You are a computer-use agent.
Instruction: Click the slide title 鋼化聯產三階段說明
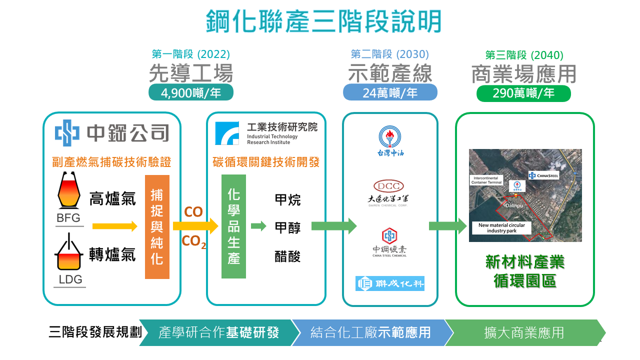(324, 21)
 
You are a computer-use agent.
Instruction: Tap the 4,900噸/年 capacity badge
(191, 92)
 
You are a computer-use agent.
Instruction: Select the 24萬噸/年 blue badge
(390, 92)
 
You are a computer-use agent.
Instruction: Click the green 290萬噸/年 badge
(523, 93)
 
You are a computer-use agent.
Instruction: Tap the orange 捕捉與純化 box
(157, 226)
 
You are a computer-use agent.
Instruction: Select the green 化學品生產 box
(233, 226)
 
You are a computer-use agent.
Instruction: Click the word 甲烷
(287, 199)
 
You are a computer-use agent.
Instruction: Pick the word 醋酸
(287, 256)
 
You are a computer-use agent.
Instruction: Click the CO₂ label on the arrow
(193, 242)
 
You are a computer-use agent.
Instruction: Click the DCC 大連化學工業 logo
(389, 193)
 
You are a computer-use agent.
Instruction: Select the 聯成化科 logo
(390, 283)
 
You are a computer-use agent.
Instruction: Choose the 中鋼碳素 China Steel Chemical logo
(389, 242)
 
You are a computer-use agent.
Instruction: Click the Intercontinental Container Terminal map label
(487, 180)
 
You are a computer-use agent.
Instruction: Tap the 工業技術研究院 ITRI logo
(266, 133)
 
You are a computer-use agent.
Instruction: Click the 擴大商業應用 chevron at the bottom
(524, 332)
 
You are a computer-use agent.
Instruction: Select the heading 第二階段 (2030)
(390, 54)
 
